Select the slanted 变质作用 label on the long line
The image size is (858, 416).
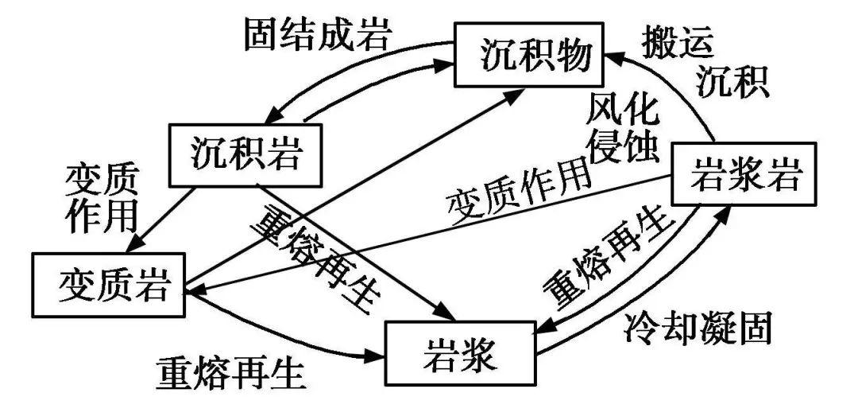520,192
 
